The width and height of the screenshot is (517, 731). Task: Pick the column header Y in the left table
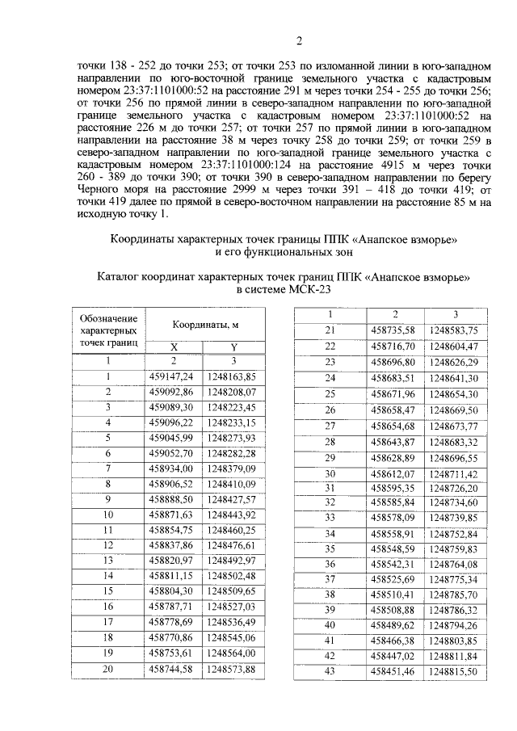coord(233,346)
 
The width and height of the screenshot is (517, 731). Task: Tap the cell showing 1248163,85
coord(233,376)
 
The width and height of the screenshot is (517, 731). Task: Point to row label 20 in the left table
coord(107,669)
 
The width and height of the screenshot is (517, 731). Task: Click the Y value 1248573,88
coord(233,669)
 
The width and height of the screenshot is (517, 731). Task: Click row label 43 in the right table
coord(330,671)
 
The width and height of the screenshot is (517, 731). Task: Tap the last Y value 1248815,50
coord(454,671)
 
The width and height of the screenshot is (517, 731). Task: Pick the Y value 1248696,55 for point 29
coord(454,457)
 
